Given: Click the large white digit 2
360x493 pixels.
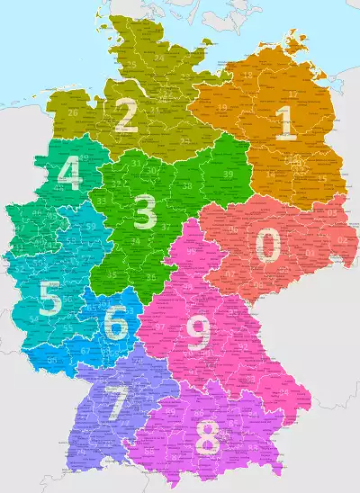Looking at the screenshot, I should click(x=125, y=116).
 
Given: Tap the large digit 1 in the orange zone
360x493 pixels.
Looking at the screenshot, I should click(x=286, y=124).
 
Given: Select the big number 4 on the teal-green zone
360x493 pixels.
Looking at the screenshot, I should click(x=69, y=175).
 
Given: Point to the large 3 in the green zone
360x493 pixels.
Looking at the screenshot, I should click(x=144, y=212).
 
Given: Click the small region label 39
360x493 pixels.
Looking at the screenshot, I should click(x=228, y=174).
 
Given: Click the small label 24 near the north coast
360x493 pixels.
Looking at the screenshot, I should click(x=158, y=58).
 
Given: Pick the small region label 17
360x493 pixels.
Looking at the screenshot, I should click(x=292, y=93).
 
